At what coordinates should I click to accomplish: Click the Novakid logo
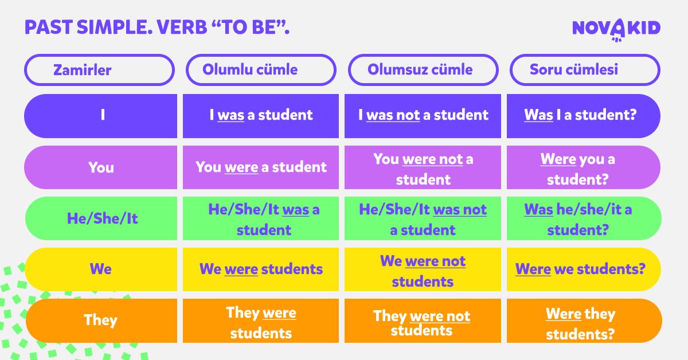(616, 29)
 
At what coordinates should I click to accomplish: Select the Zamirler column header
(99, 70)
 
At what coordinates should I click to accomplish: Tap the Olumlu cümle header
(261, 70)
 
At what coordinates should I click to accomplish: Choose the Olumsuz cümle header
(423, 70)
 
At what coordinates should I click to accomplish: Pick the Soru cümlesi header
(584, 70)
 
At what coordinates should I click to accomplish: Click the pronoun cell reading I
(101, 116)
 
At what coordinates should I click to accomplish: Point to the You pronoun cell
(101, 167)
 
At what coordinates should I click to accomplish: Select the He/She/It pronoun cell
(101, 218)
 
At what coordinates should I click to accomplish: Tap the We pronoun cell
(101, 269)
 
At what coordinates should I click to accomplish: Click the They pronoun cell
(101, 320)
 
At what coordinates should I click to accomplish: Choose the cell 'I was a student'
(261, 116)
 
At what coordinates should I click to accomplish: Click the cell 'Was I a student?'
(583, 116)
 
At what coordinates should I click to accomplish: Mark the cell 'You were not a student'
(423, 168)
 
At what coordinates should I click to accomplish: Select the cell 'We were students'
(261, 269)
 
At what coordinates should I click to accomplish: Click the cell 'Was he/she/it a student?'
(583, 219)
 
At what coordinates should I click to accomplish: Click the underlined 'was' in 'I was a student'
(231, 115)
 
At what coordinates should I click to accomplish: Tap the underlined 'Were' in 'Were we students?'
(533, 269)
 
